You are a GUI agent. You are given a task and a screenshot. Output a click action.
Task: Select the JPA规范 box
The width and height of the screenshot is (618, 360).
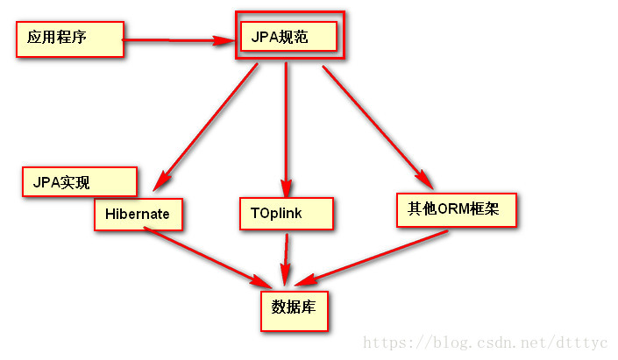pyautogui.click(x=290, y=36)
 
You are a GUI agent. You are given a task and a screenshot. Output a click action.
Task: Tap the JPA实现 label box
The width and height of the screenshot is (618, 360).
pyautogui.click(x=79, y=182)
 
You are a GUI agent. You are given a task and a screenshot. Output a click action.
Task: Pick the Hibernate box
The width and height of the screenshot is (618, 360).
pyautogui.click(x=139, y=214)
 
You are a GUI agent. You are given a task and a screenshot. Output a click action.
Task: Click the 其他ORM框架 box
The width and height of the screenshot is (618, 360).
pyautogui.click(x=456, y=210)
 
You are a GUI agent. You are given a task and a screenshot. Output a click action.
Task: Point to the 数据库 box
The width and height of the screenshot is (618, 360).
pyautogui.click(x=295, y=307)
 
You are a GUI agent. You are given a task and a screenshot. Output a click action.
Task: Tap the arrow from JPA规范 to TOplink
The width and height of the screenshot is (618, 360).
pyautogui.click(x=286, y=123)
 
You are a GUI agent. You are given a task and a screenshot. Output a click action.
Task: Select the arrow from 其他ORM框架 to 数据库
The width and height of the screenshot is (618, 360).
pyautogui.click(x=373, y=257)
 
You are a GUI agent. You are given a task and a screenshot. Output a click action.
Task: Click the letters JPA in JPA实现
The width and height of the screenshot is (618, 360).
pyautogui.click(x=46, y=182)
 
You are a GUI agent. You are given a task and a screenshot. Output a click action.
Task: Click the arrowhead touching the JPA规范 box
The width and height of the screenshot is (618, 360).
pyautogui.click(x=226, y=39)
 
